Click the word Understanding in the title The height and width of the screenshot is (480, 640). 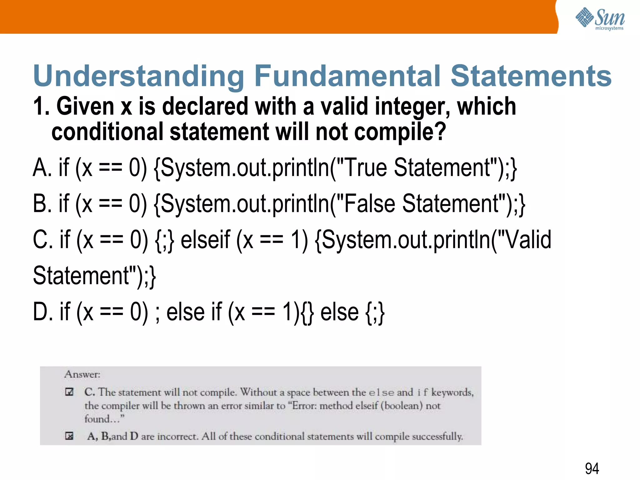[x=139, y=76]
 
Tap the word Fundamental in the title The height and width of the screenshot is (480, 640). [x=347, y=76]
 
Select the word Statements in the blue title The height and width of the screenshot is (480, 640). [x=531, y=76]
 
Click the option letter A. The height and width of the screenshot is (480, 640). [x=42, y=168]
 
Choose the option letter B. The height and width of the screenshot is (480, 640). [x=42, y=204]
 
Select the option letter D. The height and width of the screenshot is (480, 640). [x=43, y=312]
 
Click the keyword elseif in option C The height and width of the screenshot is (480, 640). [x=205, y=240]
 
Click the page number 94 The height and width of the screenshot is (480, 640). [x=592, y=468]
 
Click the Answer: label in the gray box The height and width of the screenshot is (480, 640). [x=82, y=374]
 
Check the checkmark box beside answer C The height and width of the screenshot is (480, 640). [x=69, y=392]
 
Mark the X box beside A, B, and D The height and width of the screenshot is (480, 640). [x=69, y=436]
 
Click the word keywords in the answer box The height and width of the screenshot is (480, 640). [x=452, y=392]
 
